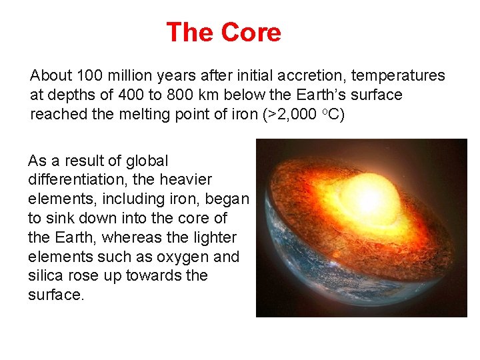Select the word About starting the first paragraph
[x=52, y=76]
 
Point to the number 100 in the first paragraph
[x=90, y=76]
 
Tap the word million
[x=129, y=76]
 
